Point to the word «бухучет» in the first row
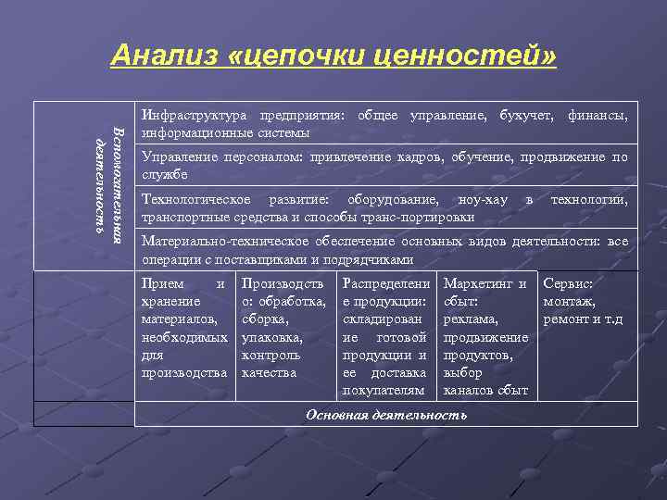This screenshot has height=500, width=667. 525,116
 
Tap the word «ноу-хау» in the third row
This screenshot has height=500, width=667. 483,201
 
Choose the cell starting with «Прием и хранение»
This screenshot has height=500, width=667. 183,328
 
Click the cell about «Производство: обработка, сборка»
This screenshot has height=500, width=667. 283,328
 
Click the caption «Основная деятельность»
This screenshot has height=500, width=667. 386,414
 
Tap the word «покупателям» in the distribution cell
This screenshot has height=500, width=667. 383,391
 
